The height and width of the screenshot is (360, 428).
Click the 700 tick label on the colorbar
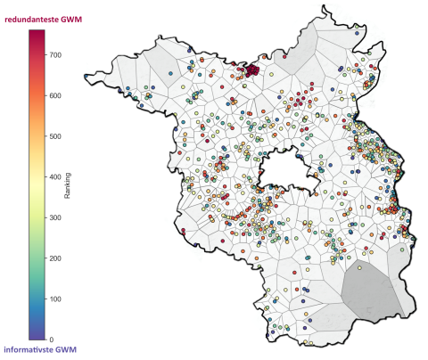click(x=57, y=55)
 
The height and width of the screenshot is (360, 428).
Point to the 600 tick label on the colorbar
click(x=57, y=95)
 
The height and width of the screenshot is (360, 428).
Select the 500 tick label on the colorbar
click(x=57, y=136)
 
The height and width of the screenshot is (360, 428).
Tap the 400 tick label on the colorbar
click(x=57, y=176)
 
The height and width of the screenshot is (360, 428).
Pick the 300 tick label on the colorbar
click(x=57, y=217)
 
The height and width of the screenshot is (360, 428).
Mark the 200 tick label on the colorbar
click(x=57, y=258)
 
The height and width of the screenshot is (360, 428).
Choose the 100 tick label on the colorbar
click(x=57, y=299)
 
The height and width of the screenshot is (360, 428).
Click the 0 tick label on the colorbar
click(x=52, y=340)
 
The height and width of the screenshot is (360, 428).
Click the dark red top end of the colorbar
click(x=37, y=34)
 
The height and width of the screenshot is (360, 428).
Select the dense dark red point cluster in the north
click(x=251, y=70)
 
